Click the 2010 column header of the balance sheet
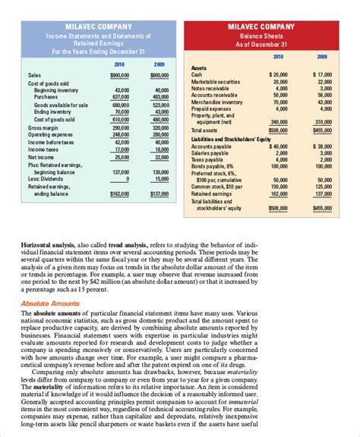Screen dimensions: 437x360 [278, 56]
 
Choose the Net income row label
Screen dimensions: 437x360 [37, 156]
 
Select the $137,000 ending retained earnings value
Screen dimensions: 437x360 [159, 193]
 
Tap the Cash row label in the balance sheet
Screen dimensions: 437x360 [196, 75]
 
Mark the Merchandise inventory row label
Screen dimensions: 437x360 [216, 101]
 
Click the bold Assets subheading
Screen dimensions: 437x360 [198, 68]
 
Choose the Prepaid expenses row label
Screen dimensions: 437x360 [212, 108]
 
